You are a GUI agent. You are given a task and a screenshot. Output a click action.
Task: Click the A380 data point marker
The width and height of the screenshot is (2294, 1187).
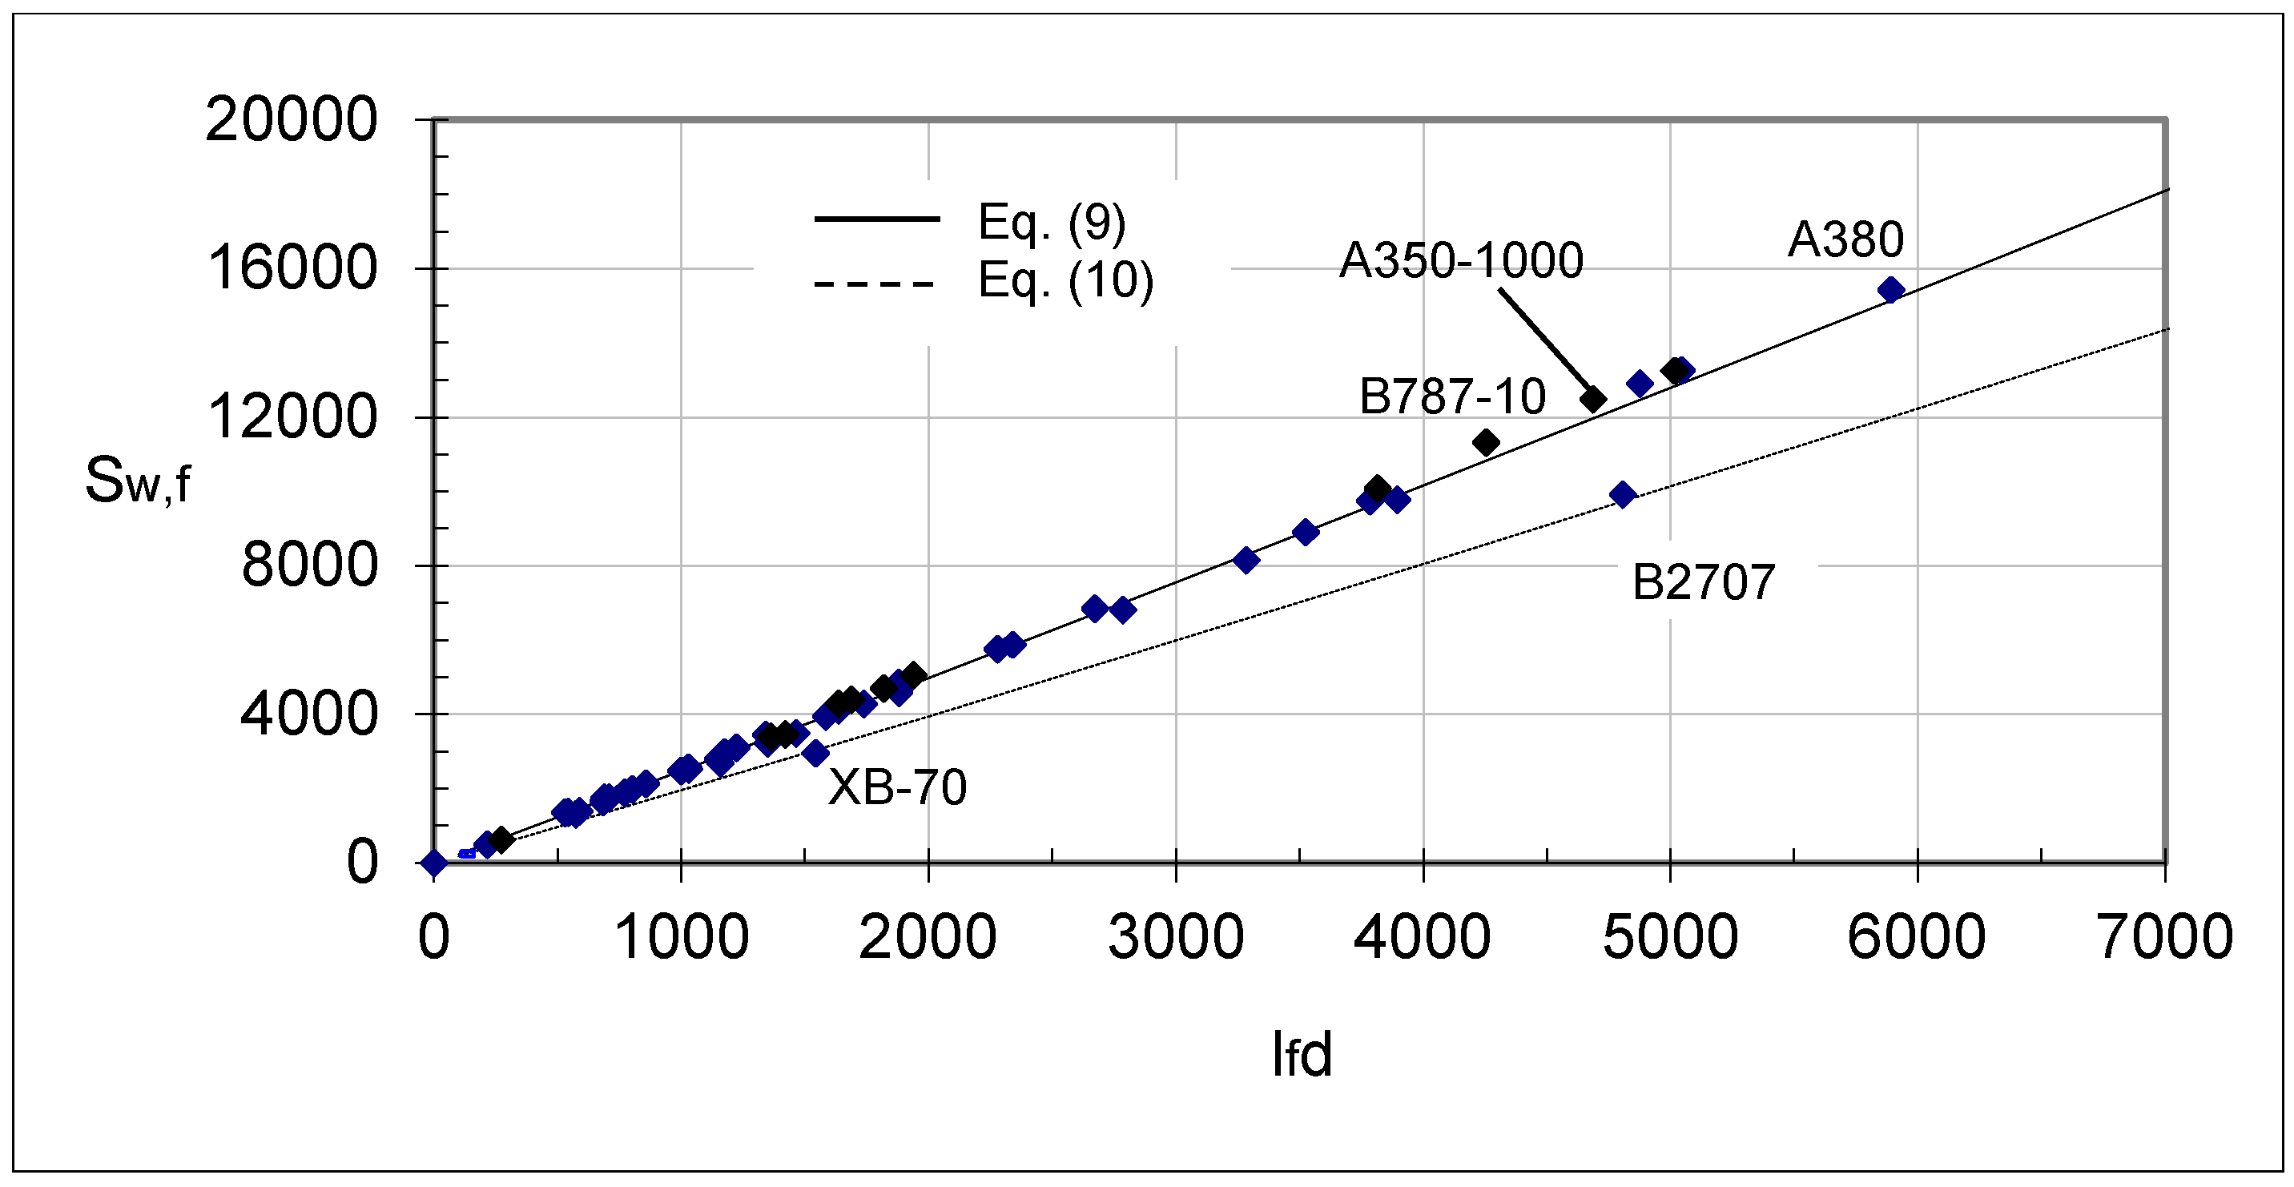(x=1890, y=289)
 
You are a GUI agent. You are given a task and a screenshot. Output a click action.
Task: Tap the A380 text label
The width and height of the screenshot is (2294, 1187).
(x=1845, y=239)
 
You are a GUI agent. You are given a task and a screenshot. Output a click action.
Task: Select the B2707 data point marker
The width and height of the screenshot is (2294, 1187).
(x=1623, y=495)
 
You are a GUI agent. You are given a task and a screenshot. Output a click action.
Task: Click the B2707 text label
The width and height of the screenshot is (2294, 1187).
(x=1703, y=582)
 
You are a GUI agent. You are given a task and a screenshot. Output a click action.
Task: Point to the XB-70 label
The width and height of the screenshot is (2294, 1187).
(x=897, y=787)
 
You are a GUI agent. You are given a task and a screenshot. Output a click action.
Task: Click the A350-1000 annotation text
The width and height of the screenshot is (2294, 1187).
(x=1460, y=261)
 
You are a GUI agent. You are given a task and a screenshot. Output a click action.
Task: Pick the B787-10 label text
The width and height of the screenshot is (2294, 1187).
(x=1451, y=396)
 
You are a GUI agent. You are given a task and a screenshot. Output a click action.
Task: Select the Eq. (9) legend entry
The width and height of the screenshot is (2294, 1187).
(x=1051, y=222)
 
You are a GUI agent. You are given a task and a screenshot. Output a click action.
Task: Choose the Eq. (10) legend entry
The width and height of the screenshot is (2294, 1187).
(x=1065, y=281)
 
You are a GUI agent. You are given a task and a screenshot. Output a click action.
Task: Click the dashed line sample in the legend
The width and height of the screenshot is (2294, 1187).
(x=875, y=285)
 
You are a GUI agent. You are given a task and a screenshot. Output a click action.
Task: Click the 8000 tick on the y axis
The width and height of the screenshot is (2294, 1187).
(x=309, y=565)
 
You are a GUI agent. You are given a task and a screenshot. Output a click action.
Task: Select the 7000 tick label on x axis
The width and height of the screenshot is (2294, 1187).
(x=2165, y=938)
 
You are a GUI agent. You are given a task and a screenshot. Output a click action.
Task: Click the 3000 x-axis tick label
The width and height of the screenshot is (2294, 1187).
(x=1176, y=938)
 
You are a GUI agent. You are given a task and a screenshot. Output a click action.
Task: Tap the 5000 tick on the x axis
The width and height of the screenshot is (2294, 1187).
(x=1670, y=938)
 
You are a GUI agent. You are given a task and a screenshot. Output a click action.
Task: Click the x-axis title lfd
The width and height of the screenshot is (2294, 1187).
(x=1301, y=1055)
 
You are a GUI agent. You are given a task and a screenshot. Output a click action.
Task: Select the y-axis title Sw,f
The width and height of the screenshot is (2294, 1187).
(x=137, y=481)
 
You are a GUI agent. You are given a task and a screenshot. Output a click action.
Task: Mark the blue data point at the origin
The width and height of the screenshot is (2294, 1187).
(x=433, y=862)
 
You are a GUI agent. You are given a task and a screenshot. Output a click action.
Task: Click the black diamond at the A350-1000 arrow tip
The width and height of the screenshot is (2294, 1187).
(x=1592, y=400)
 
